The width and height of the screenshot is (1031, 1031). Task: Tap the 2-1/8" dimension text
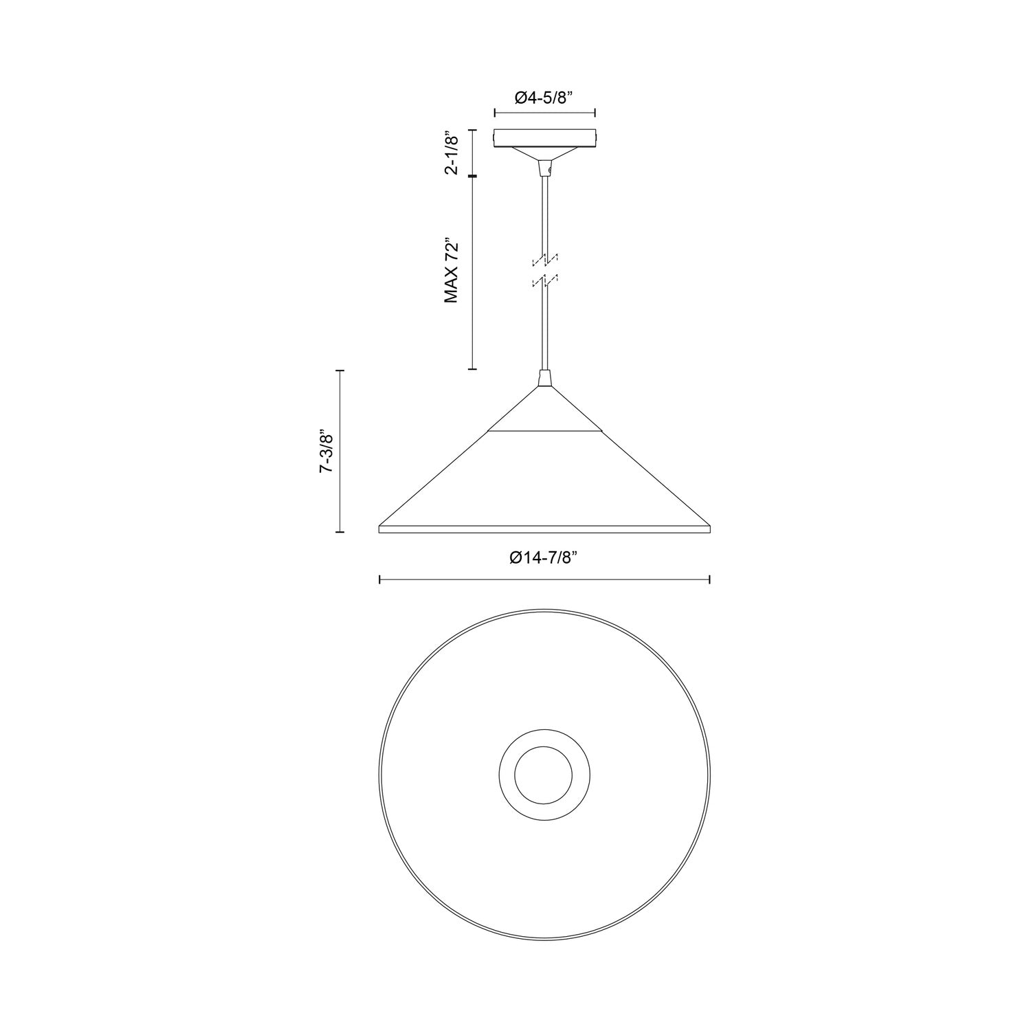[452, 153]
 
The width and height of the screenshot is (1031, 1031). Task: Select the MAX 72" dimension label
[451, 271]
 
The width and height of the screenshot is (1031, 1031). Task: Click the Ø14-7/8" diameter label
[543, 559]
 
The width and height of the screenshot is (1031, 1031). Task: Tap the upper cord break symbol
[544, 260]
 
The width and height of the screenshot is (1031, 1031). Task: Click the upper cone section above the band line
[545, 412]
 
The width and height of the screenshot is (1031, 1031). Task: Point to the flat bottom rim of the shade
[544, 529]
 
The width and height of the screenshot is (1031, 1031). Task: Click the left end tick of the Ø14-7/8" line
[380, 580]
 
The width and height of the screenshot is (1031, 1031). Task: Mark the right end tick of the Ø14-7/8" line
[709, 580]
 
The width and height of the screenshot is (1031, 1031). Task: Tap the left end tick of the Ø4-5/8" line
[495, 113]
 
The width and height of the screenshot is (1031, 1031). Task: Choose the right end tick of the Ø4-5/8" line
[595, 113]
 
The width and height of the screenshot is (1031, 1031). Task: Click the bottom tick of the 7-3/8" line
[340, 531]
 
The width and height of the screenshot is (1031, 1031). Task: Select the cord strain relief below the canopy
[545, 168]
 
